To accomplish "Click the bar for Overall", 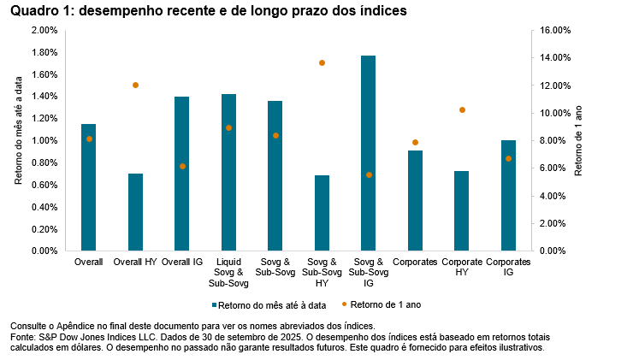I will tap(88, 188).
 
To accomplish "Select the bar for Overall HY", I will tap(135, 213).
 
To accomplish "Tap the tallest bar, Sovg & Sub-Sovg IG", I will tap(368, 154).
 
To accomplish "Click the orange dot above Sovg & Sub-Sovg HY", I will tap(322, 63).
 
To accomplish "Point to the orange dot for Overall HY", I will tap(135, 86).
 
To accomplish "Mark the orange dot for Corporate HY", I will tap(462, 110).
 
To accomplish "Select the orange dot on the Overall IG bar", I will tap(182, 166).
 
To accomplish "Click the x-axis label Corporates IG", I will tap(508, 266).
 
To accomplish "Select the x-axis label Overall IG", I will tap(182, 261).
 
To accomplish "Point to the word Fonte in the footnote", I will tap(23, 338).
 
